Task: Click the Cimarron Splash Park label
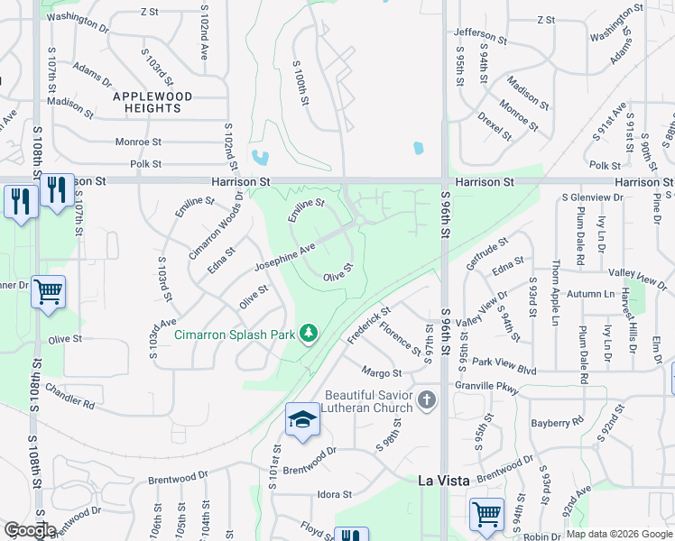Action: pyautogui.click(x=236, y=335)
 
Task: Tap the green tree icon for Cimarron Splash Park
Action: pyautogui.click(x=310, y=334)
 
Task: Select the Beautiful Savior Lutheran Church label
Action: pyautogui.click(x=369, y=402)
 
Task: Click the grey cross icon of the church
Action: pyautogui.click(x=426, y=399)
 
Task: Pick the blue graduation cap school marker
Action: pyautogui.click(x=302, y=419)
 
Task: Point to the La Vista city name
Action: pyautogui.click(x=444, y=481)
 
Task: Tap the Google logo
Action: pyautogui.click(x=30, y=530)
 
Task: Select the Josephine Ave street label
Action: pyautogui.click(x=284, y=256)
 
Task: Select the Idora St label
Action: pyautogui.click(x=334, y=495)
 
